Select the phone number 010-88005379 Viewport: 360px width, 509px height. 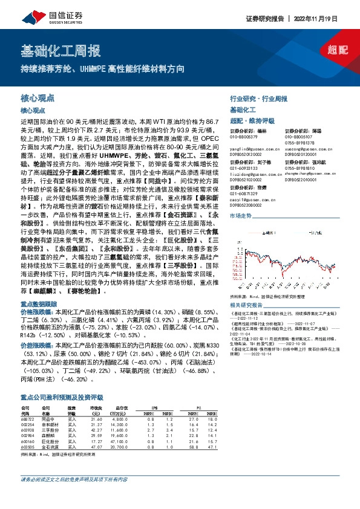pyautogui.click(x=245, y=137)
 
